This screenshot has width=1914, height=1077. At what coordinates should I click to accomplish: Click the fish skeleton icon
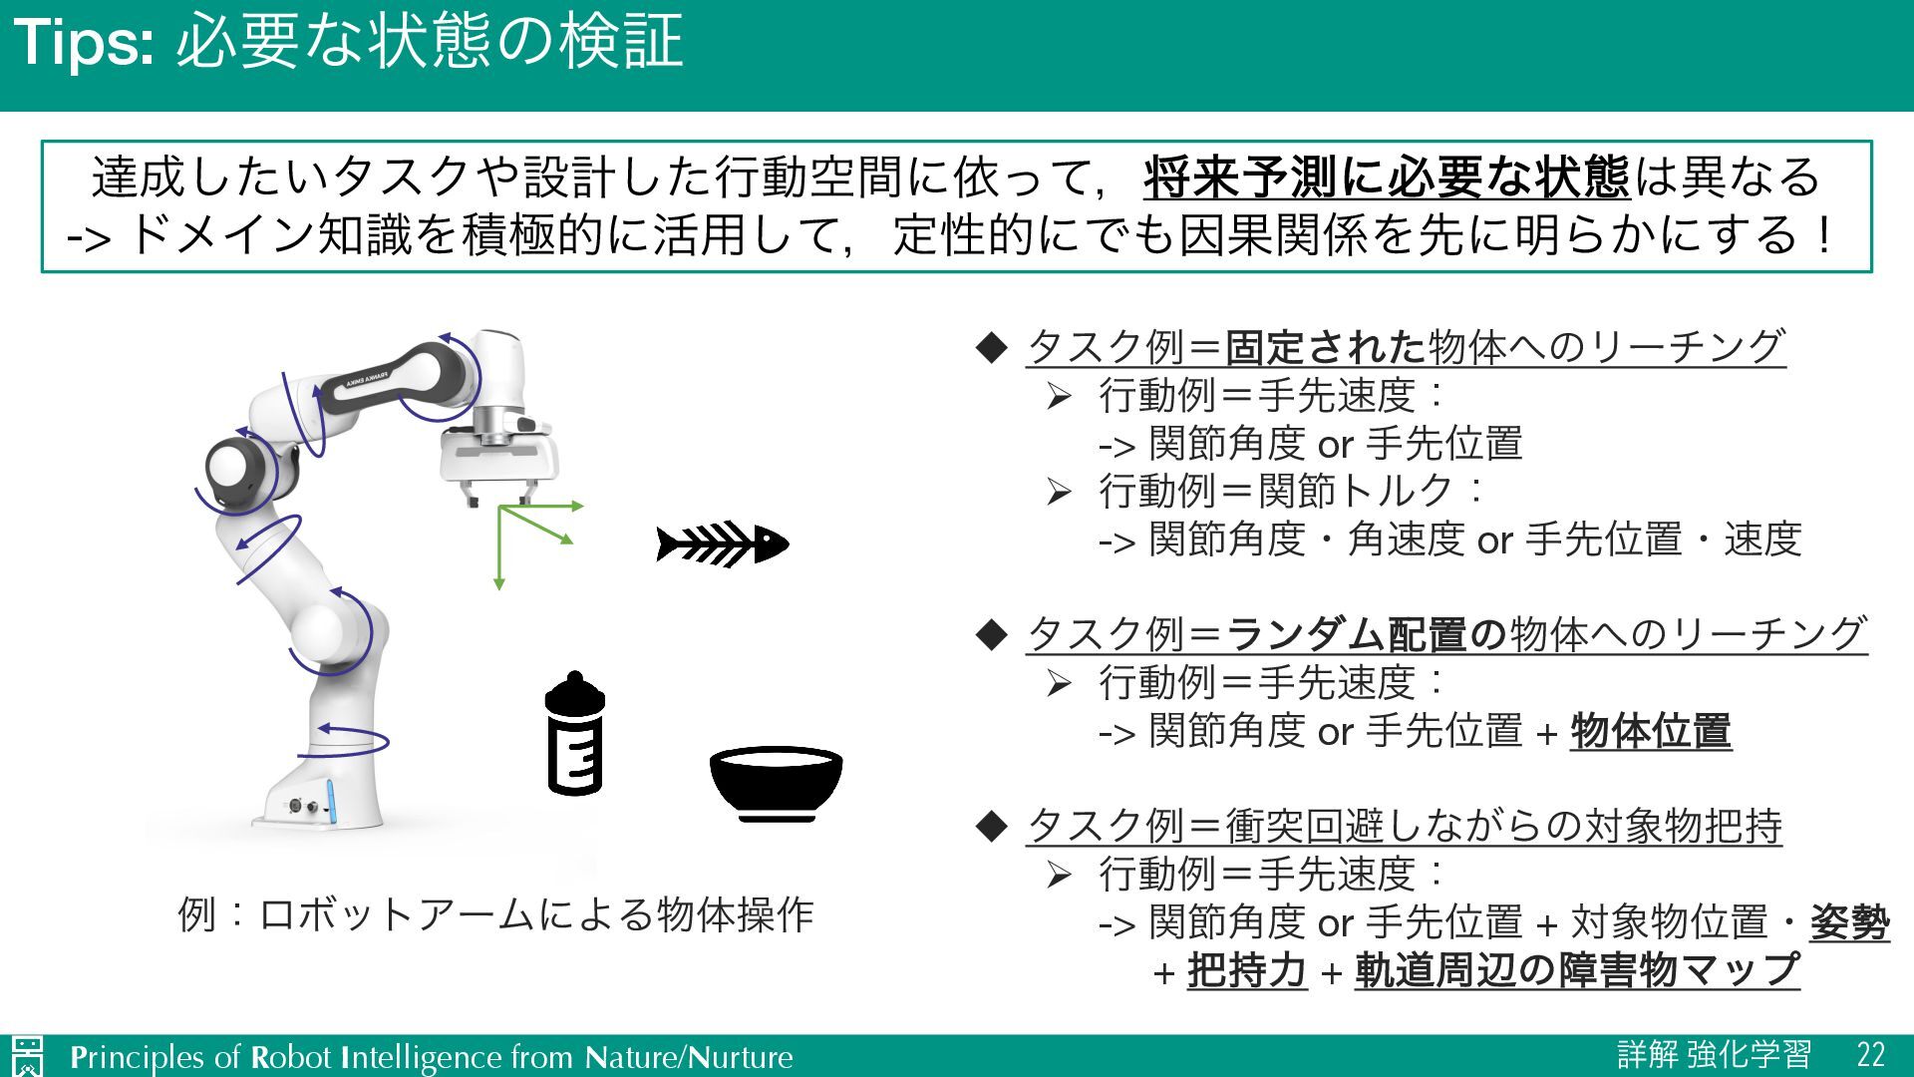click(722, 543)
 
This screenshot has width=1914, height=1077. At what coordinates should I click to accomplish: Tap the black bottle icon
click(575, 734)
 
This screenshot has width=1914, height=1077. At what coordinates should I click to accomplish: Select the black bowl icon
click(776, 782)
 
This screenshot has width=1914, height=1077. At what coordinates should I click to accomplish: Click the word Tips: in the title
click(84, 43)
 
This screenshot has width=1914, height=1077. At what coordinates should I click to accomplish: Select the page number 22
click(1870, 1055)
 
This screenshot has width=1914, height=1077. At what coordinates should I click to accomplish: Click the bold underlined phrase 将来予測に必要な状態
click(1387, 178)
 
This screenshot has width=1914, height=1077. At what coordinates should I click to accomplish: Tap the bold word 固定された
click(1325, 347)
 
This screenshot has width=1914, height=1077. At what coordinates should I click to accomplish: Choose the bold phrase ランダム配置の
click(1366, 634)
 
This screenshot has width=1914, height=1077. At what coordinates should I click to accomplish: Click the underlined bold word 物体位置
click(1651, 731)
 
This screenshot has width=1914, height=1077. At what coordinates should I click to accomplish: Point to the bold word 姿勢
click(1849, 922)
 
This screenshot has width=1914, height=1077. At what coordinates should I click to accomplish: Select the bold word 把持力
click(1246, 970)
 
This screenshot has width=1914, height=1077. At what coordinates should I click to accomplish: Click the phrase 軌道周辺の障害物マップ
click(1577, 970)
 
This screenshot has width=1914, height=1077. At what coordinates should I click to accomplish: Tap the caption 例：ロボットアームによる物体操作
click(495, 914)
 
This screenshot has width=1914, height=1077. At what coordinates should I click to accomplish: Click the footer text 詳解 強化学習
click(1714, 1055)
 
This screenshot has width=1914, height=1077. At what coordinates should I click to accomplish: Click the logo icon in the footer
click(28, 1056)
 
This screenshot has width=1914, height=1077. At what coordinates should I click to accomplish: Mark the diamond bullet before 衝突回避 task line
click(992, 826)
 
